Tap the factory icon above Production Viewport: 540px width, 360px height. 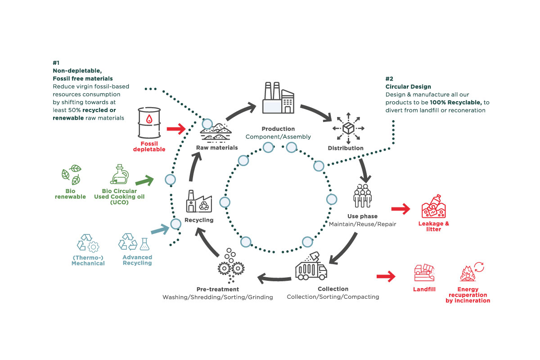coord(278,98)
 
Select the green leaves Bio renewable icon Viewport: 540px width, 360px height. coord(71,175)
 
